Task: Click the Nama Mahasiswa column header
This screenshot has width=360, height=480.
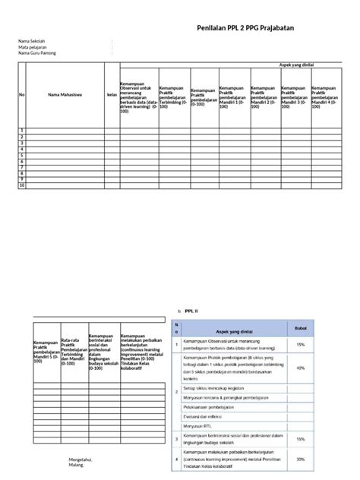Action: [65, 95]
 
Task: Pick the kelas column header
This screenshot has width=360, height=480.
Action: [111, 95]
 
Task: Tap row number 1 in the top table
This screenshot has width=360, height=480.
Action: [23, 131]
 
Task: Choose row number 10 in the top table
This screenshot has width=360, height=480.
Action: [23, 185]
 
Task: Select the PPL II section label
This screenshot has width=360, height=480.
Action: [191, 311]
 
